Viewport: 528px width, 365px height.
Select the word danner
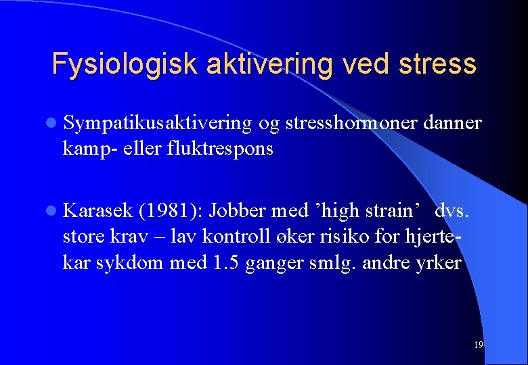452,124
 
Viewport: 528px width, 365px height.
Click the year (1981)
170,212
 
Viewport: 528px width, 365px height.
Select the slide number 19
478,345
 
